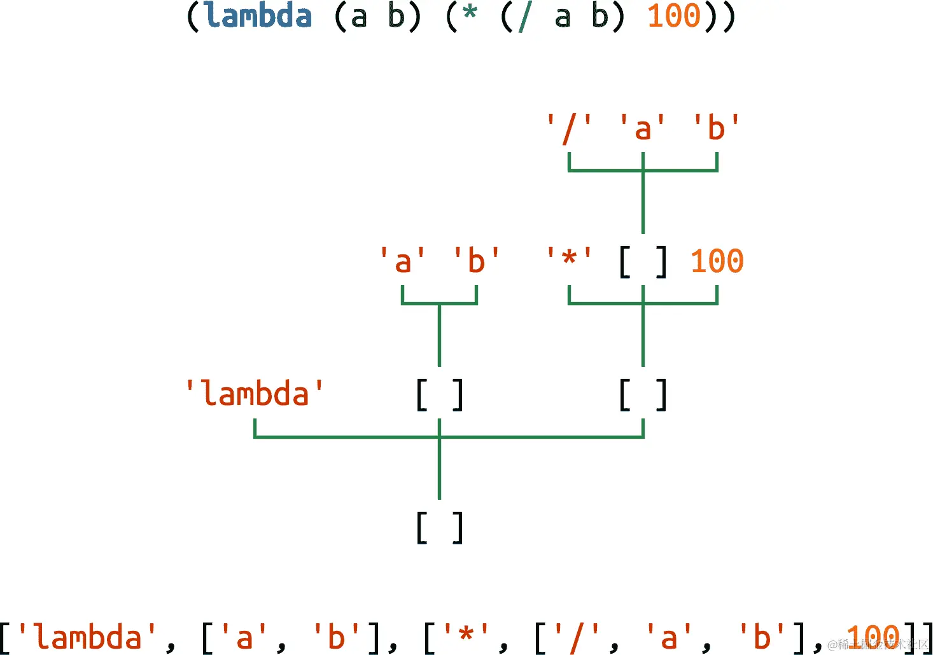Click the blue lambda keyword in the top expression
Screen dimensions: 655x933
[258, 16]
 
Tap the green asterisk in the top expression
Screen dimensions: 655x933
[470, 14]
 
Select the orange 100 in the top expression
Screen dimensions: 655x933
[673, 16]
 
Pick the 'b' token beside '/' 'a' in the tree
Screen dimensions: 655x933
[717, 128]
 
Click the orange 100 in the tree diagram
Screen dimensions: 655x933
[717, 261]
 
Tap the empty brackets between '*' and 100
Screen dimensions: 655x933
[643, 262]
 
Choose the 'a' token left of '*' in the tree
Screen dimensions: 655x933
[402, 261]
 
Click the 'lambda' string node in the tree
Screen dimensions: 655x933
[255, 394]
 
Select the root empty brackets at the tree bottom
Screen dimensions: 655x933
[439, 528]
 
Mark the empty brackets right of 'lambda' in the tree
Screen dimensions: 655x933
[439, 395]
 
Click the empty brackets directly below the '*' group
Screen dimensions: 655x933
[643, 395]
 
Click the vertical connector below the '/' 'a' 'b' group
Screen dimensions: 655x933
[643, 203]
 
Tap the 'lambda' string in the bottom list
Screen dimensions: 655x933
[87, 638]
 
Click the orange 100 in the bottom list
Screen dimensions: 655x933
[873, 637]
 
